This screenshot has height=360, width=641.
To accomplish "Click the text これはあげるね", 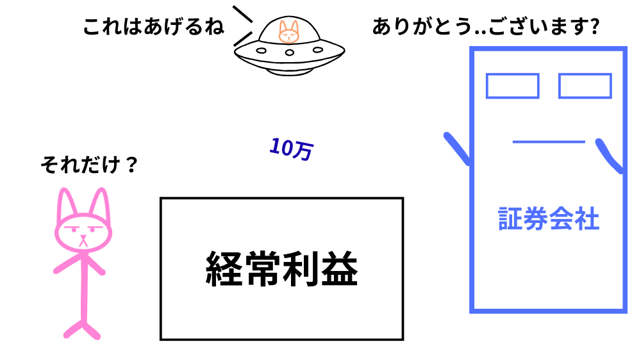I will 154,28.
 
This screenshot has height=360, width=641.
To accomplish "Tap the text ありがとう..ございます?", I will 485,28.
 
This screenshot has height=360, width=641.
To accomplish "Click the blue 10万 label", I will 290,149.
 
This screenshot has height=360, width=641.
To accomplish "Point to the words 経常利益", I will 281,268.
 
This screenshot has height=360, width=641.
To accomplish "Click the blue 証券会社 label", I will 548,219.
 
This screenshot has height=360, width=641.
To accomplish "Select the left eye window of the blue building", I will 512,86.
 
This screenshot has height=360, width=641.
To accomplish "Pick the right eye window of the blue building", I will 585,86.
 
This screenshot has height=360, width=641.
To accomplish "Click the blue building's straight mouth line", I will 548,142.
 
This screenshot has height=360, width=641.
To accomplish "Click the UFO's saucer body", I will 288,58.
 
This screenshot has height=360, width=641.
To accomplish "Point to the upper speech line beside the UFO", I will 242,14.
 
